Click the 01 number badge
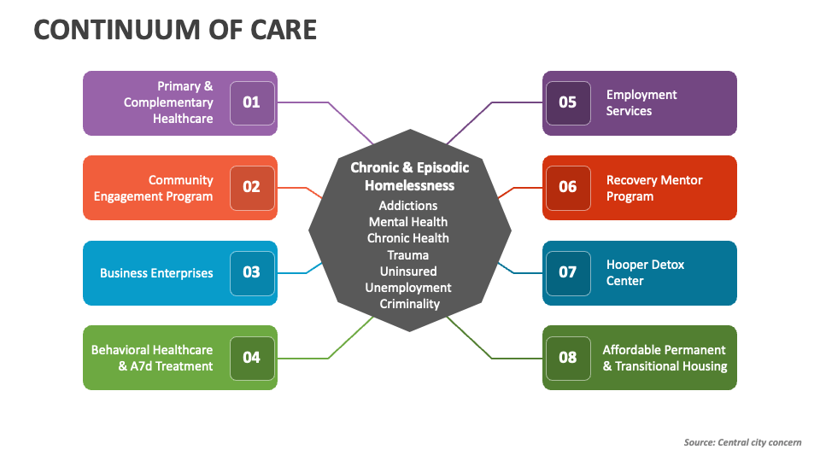[252, 102]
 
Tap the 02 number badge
[252, 187]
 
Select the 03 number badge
[252, 272]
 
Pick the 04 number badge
[252, 357]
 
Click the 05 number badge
[568, 102]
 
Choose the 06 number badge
[568, 187]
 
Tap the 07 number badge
[568, 272]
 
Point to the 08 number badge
[568, 357]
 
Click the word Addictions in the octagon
[408, 206]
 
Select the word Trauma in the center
[408, 254]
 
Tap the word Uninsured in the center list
[408, 271]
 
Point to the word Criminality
[409, 303]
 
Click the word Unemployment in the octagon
[408, 287]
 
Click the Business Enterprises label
[156, 273]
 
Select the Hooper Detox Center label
[645, 272]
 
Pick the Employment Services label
[641, 102]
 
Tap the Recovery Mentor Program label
[654, 188]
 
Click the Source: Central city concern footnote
[742, 442]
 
